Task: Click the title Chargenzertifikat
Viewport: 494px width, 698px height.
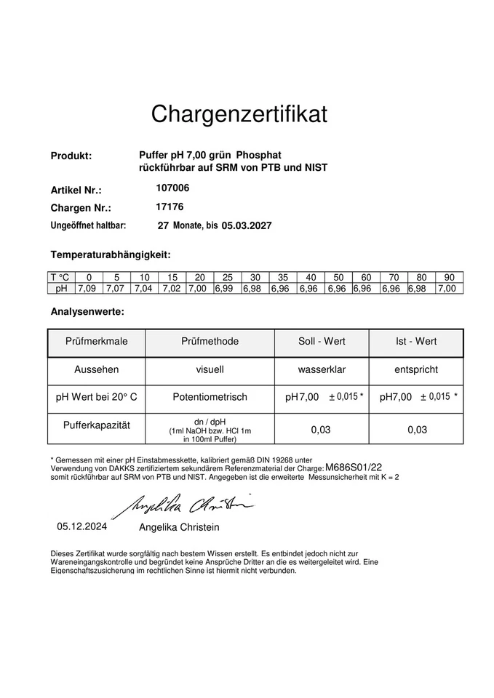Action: pos(239,114)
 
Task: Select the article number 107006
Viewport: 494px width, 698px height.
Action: pos(172,188)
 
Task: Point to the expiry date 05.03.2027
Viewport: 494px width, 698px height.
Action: pos(247,225)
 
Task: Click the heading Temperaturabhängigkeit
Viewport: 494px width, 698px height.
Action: pos(110,254)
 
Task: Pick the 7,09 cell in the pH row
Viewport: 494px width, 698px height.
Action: pos(89,289)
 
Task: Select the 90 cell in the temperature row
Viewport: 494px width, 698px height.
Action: pos(449,278)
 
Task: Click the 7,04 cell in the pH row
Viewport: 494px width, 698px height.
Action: pos(144,289)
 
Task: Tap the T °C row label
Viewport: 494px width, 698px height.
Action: pos(61,278)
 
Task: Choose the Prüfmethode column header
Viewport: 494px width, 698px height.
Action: pos(210,342)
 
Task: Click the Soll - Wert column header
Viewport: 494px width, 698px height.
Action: pos(322,342)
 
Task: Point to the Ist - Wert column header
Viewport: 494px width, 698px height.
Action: pos(415,342)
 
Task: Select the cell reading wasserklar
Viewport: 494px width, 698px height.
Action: pos(322,369)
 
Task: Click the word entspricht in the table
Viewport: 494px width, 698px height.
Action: pos(415,369)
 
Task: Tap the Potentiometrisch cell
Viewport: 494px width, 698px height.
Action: pos(210,397)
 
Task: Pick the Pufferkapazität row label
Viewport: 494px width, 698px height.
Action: pos(96,425)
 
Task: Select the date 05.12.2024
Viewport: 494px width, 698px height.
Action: pos(82,526)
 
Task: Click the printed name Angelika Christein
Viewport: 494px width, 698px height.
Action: pos(178,527)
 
